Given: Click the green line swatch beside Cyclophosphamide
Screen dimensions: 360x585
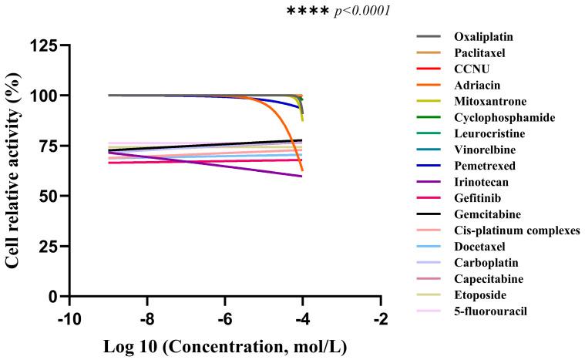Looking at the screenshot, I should click(x=429, y=117).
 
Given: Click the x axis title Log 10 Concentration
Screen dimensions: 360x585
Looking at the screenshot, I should click(x=224, y=346).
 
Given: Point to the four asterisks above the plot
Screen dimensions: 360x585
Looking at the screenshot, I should click(x=308, y=12).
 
